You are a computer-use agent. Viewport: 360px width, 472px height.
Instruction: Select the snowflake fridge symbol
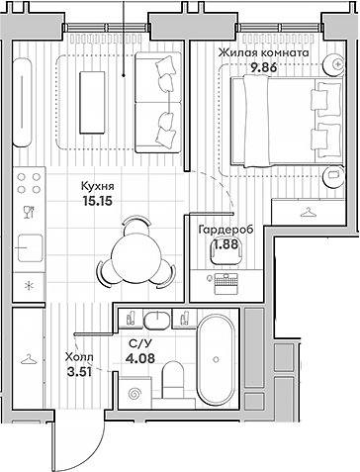tap(28, 286)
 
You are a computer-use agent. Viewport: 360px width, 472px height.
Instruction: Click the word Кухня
tap(96, 184)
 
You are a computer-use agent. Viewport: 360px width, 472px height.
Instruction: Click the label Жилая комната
tap(265, 53)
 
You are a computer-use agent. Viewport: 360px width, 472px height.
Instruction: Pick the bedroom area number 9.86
tap(265, 67)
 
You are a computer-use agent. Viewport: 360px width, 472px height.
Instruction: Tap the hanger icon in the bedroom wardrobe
tap(309, 210)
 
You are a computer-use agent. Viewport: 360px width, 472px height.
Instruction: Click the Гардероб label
tap(225, 230)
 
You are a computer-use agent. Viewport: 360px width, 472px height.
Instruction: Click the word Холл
tap(78, 358)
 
